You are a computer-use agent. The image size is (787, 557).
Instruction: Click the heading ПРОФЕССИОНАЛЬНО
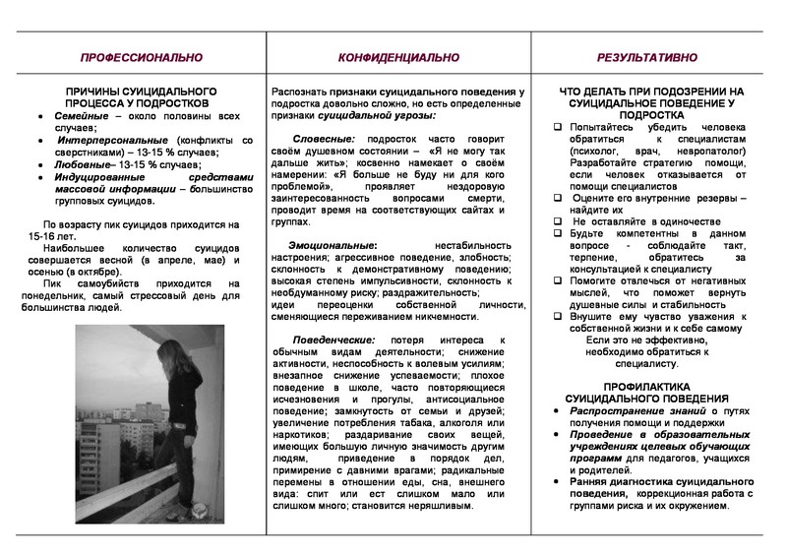click(x=134, y=58)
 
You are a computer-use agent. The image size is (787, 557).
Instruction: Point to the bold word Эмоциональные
click(x=332, y=242)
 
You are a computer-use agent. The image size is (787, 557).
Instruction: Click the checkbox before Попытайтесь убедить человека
click(x=558, y=128)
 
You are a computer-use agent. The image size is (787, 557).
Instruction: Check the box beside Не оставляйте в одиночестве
click(x=558, y=221)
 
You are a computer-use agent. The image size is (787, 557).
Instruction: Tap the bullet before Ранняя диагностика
click(x=558, y=481)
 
